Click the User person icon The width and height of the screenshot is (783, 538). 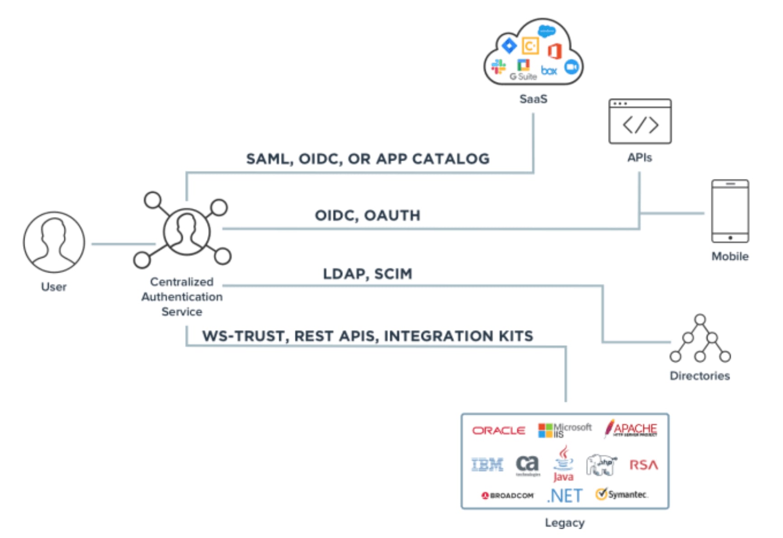tap(54, 242)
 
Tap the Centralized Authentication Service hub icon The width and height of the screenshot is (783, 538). tap(186, 231)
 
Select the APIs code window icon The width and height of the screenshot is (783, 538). tap(640, 122)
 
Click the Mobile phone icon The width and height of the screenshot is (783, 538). tap(730, 212)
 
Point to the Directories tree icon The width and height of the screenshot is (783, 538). tap(700, 339)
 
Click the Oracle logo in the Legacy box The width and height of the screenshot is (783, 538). tap(499, 430)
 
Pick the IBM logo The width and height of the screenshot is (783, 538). tap(487, 465)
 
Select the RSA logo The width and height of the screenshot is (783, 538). tap(643, 465)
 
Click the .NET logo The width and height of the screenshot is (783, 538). tap(565, 496)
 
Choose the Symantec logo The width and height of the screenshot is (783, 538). tap(622, 494)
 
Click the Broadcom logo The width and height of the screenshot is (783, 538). tap(508, 496)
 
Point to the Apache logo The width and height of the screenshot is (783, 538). tap(631, 429)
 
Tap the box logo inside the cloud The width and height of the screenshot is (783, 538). tap(549, 71)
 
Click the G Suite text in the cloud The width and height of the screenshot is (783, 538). tap(523, 76)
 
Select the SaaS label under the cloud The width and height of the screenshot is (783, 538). tap(533, 99)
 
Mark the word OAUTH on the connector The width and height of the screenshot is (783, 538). tap(392, 216)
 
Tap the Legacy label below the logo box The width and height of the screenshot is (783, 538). tap(565, 523)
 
